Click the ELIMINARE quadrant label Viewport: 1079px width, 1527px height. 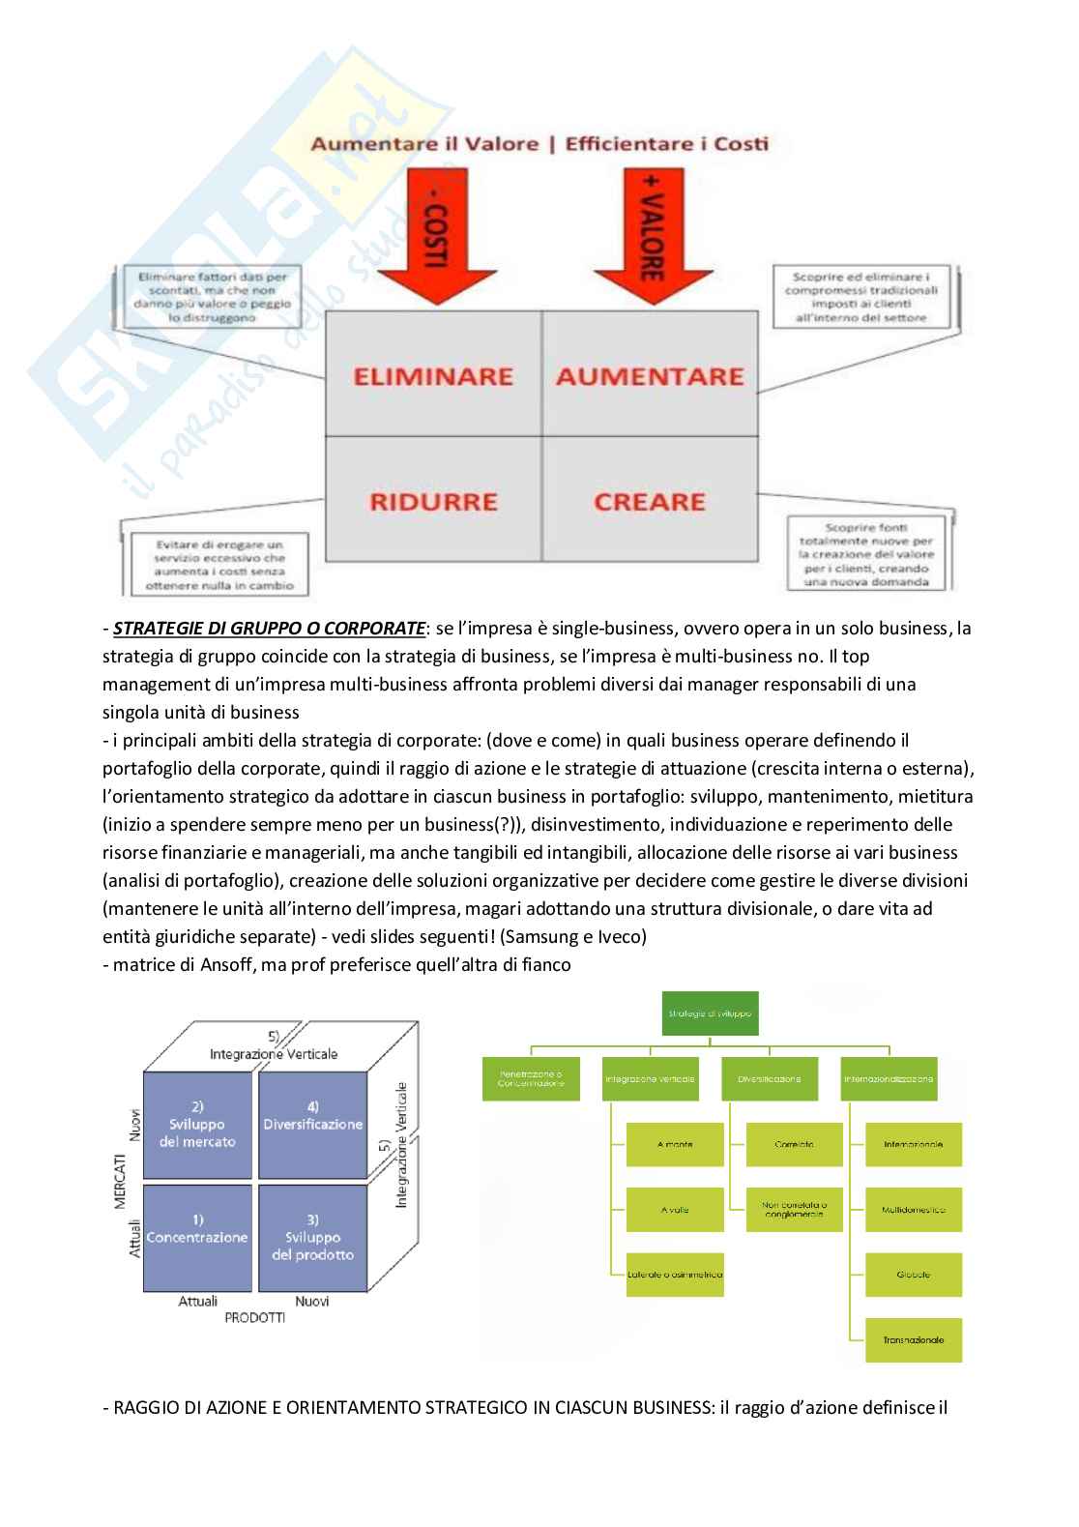[x=432, y=375]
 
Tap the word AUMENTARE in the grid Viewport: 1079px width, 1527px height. [x=650, y=375]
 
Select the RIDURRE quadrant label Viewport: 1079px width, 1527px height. [x=432, y=501]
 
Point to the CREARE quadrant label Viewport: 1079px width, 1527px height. [x=650, y=501]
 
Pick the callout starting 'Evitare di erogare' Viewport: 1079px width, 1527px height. [x=218, y=565]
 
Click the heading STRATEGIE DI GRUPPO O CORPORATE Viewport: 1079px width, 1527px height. [x=269, y=629]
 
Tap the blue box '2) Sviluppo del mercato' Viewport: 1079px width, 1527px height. [x=196, y=1124]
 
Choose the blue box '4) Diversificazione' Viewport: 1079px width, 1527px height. [x=312, y=1124]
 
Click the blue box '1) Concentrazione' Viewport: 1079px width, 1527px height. [x=196, y=1237]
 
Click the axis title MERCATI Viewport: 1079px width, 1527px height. [x=121, y=1178]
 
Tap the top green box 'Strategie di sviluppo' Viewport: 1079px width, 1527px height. [x=710, y=1014]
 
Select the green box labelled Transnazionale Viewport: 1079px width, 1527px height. [x=913, y=1339]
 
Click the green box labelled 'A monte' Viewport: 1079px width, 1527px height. [x=676, y=1144]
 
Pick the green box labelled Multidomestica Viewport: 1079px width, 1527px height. [x=913, y=1210]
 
